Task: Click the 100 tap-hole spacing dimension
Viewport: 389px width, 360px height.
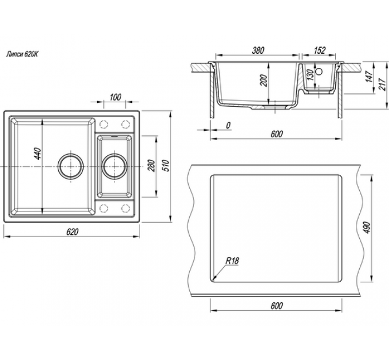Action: pyautogui.click(x=115, y=97)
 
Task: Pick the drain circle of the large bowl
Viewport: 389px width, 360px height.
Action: pyautogui.click(x=71, y=166)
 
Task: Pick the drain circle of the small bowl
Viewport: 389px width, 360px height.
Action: pyautogui.click(x=114, y=166)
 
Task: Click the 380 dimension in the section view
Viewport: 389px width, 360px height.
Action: pyautogui.click(x=258, y=51)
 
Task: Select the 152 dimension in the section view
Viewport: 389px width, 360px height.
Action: pyautogui.click(x=320, y=51)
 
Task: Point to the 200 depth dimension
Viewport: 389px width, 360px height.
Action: pyautogui.click(x=264, y=81)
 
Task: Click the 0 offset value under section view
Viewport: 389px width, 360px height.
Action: pyautogui.click(x=228, y=125)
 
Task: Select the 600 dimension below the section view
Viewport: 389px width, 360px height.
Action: pyautogui.click(x=276, y=134)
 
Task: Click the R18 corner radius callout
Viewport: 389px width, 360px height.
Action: pyautogui.click(x=232, y=261)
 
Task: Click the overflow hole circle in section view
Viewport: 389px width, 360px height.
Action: pyautogui.click(x=320, y=73)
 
